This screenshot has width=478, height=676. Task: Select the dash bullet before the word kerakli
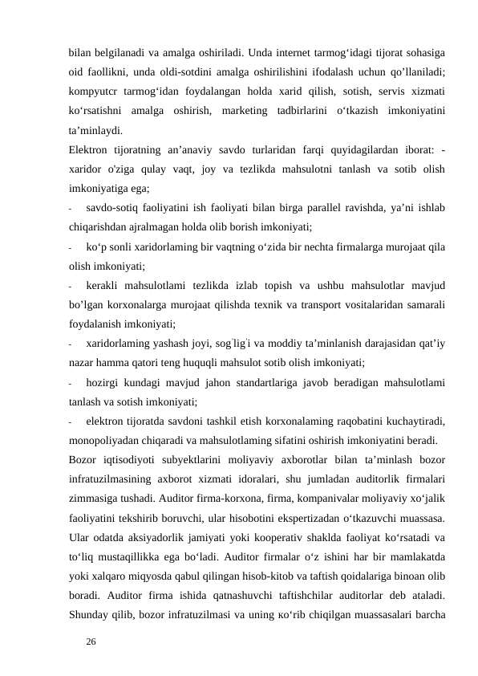pyautogui.click(x=71, y=287)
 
